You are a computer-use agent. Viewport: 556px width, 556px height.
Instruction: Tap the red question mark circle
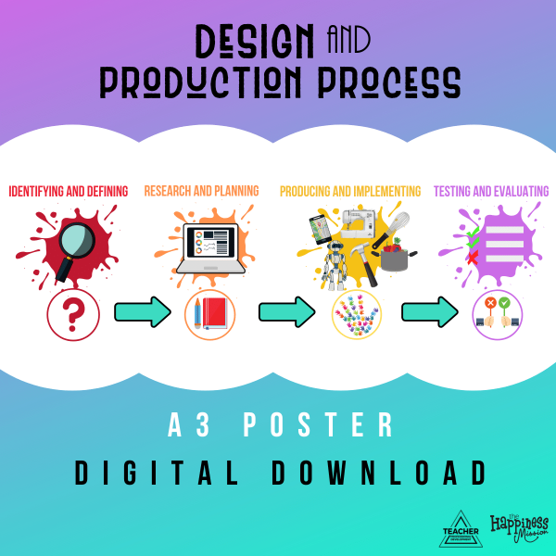[x=74, y=317]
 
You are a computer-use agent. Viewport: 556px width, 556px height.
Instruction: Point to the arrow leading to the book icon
[x=143, y=312]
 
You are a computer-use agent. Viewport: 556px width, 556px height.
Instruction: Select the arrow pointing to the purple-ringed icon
[x=429, y=312]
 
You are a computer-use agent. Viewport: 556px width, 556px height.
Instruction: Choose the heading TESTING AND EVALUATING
[x=491, y=192]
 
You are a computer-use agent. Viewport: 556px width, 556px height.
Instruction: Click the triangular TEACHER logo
[x=461, y=529]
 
